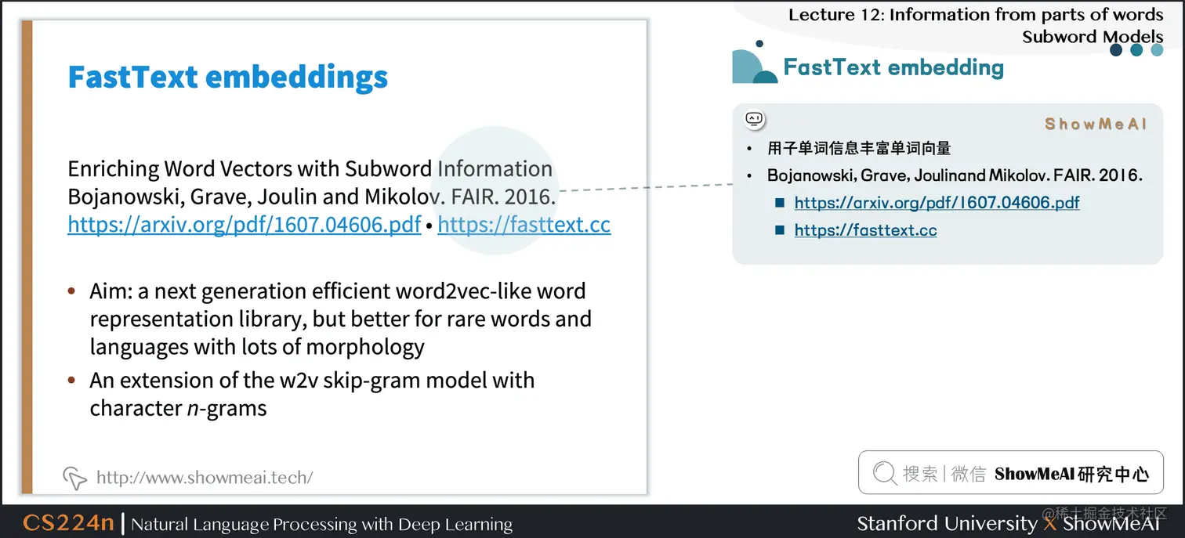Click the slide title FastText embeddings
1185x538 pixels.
227,78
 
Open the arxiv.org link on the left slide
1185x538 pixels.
245,225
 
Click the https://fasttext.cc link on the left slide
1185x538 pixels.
524,225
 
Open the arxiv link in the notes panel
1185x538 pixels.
937,203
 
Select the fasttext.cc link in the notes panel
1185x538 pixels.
865,230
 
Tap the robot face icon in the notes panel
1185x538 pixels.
754,119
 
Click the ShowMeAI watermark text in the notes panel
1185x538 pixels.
1096,124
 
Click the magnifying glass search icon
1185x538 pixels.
884,473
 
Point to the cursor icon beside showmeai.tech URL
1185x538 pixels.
74,477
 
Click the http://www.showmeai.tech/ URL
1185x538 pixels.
205,478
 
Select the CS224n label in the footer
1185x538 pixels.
68,523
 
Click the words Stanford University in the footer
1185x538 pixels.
947,523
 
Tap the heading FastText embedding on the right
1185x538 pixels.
893,67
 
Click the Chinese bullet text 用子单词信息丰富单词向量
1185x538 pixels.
859,148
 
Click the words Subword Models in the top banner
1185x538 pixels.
1093,36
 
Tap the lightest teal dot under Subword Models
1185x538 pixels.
1157,50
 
